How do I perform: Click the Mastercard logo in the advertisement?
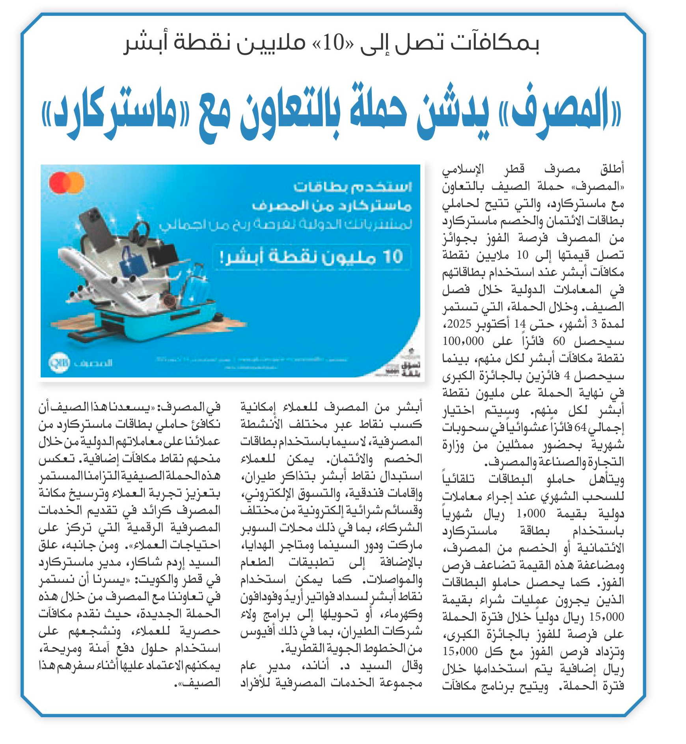(66, 183)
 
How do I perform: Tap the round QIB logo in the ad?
(59, 362)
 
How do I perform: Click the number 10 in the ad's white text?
(392, 257)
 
